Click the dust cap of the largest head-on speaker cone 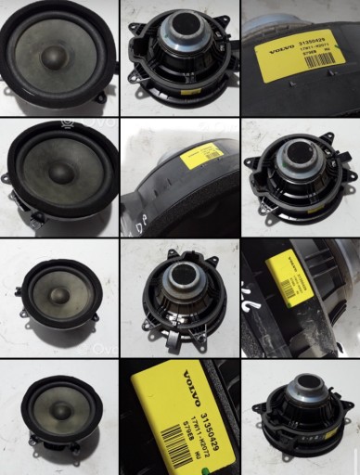(52, 56)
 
